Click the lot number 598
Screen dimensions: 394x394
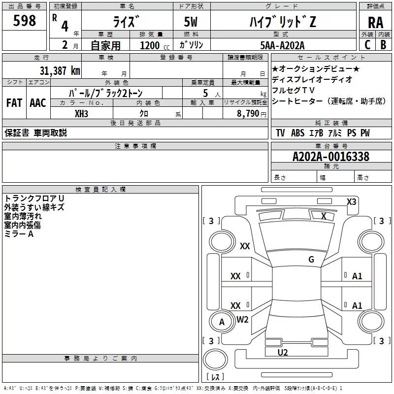point(25,21)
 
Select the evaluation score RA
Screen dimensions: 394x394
point(375,23)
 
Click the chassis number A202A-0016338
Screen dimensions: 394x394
point(330,157)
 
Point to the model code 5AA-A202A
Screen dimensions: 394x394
point(283,45)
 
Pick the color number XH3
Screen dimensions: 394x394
point(82,113)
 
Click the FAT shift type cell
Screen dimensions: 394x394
point(14,103)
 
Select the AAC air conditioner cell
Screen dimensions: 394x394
point(37,103)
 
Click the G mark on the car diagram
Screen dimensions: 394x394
point(311,260)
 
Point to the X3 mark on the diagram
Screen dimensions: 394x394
point(352,201)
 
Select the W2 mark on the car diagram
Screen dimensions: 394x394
point(243,319)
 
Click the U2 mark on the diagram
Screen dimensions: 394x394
point(282,352)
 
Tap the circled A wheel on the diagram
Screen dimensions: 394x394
point(222,322)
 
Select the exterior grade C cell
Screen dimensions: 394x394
point(367,45)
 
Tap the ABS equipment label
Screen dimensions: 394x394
point(297,133)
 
